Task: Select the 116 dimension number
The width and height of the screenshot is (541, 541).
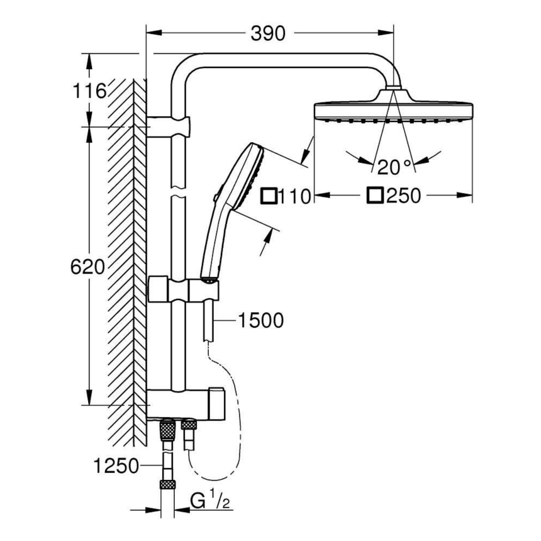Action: click(87, 92)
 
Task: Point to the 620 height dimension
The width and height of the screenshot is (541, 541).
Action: click(87, 267)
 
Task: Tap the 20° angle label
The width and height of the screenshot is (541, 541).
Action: click(394, 167)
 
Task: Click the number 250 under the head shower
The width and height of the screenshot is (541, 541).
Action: click(403, 196)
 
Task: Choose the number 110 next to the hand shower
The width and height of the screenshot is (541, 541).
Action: click(295, 196)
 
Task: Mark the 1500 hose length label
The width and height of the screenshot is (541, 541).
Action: click(260, 321)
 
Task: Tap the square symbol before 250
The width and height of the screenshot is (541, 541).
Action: click(376, 196)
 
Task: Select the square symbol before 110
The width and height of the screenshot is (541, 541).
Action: click(269, 196)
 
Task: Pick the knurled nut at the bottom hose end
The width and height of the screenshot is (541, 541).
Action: click(167, 485)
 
